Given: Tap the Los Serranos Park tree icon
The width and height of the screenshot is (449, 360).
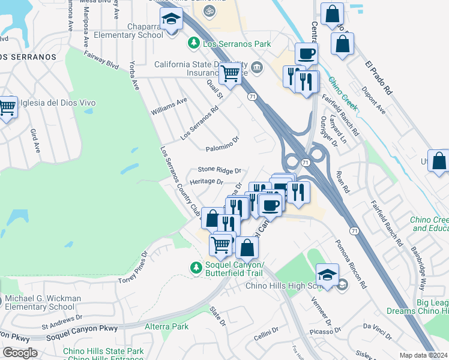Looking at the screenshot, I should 193,44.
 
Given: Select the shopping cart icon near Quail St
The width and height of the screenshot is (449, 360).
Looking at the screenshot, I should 230,74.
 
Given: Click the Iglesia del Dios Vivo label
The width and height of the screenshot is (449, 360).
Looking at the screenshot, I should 58,103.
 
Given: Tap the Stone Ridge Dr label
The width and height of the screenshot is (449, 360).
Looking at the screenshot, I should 220,170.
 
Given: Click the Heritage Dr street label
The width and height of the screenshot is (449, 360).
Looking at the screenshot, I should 206,181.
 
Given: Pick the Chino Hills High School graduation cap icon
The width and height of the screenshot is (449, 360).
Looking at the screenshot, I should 327,276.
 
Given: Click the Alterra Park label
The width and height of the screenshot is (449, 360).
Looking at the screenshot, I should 167,326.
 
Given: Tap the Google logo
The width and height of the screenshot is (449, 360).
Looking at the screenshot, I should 20,352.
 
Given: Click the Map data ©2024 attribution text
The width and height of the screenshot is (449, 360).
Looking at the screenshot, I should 423,355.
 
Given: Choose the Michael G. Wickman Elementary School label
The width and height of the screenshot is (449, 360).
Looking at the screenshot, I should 44,302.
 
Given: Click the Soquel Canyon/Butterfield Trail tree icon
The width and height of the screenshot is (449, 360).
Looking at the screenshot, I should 194,267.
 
